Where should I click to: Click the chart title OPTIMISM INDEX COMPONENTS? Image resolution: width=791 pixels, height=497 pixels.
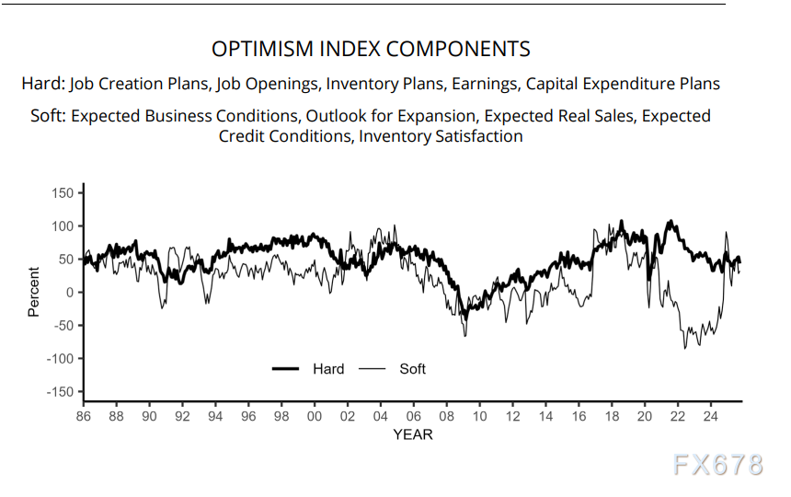pos(371,49)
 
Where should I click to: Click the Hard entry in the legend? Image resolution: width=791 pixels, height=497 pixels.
pos(327,369)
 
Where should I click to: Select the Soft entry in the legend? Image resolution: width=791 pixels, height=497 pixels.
pos(412,369)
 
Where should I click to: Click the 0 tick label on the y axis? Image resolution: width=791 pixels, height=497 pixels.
pos(68,293)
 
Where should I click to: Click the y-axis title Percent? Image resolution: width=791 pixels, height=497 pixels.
pos(34,292)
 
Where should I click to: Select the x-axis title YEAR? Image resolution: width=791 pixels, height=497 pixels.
pos(412,433)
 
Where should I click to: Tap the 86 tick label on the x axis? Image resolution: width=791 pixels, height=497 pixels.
pos(84,417)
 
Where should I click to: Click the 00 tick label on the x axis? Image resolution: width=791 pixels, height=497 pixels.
pos(315,417)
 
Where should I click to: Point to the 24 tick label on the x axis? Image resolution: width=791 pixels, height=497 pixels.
pos(710,417)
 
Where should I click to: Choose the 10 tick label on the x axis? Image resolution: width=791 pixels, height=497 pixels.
pos(479,417)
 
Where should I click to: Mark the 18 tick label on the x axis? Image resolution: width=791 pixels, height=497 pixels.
pos(612,417)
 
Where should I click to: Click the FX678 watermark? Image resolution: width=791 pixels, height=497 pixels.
pos(717,466)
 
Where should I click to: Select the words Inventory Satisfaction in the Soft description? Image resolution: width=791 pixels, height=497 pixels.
pos(441,136)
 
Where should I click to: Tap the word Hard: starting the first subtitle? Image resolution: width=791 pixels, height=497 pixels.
pos(42,84)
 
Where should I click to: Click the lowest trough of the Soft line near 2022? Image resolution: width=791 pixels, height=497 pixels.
pos(684,348)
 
